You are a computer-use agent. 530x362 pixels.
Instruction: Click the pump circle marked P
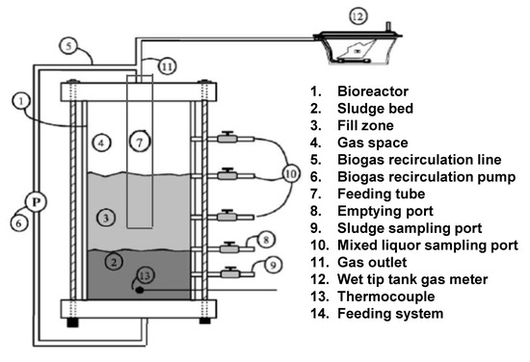[36, 202]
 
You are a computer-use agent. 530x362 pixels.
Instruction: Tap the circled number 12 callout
[358, 16]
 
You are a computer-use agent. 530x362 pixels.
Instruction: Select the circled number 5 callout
[69, 46]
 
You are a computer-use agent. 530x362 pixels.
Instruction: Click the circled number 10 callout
[291, 174]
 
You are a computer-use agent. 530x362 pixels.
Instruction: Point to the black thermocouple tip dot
[140, 290]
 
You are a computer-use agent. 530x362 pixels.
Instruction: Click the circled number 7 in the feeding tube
[140, 142]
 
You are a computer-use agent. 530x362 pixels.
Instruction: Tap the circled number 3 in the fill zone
[105, 218]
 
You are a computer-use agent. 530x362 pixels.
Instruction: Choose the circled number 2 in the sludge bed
[114, 261]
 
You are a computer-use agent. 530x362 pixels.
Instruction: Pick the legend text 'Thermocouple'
[386, 297]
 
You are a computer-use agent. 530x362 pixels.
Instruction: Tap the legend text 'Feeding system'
[390, 314]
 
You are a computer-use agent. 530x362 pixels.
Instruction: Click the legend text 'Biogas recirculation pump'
[427, 177]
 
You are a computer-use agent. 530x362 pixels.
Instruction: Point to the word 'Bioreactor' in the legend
[373, 91]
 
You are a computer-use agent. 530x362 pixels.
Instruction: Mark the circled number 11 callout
[167, 66]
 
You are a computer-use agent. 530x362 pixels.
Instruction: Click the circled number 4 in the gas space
[101, 142]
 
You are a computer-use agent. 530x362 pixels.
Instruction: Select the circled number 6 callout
[19, 222]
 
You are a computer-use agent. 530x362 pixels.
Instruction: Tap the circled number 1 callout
[21, 101]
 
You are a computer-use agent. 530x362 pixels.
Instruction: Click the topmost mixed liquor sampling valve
[227, 138]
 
